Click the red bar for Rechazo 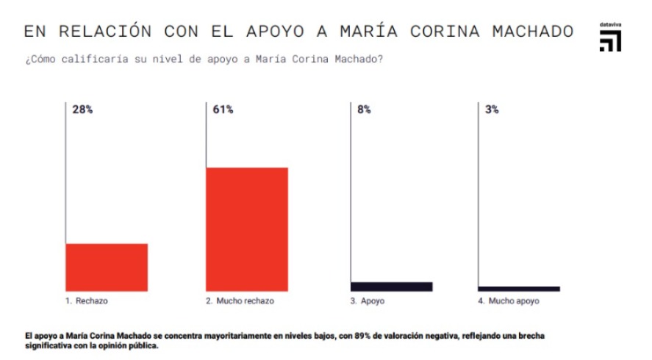pyautogui.click(x=107, y=267)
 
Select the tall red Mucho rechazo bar pyautogui.click(x=246, y=229)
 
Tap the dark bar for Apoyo pyautogui.click(x=391, y=287)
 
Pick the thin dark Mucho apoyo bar pyautogui.click(x=519, y=289)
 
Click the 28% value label pyautogui.click(x=82, y=109)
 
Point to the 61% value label pyautogui.click(x=223, y=109)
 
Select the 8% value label pyautogui.click(x=364, y=109)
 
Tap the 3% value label pyautogui.click(x=492, y=109)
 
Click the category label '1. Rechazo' pyautogui.click(x=91, y=301)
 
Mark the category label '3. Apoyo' pyautogui.click(x=368, y=301)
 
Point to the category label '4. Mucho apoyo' pyautogui.click(x=508, y=301)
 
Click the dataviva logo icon pyautogui.click(x=609, y=42)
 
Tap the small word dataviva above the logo pyautogui.click(x=610, y=25)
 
